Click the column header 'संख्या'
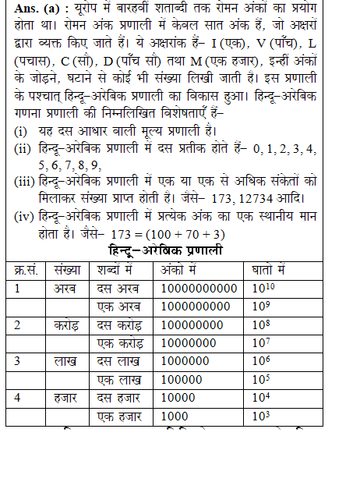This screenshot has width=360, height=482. [x=67, y=269]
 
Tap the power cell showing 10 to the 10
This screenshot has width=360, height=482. [x=263, y=287]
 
